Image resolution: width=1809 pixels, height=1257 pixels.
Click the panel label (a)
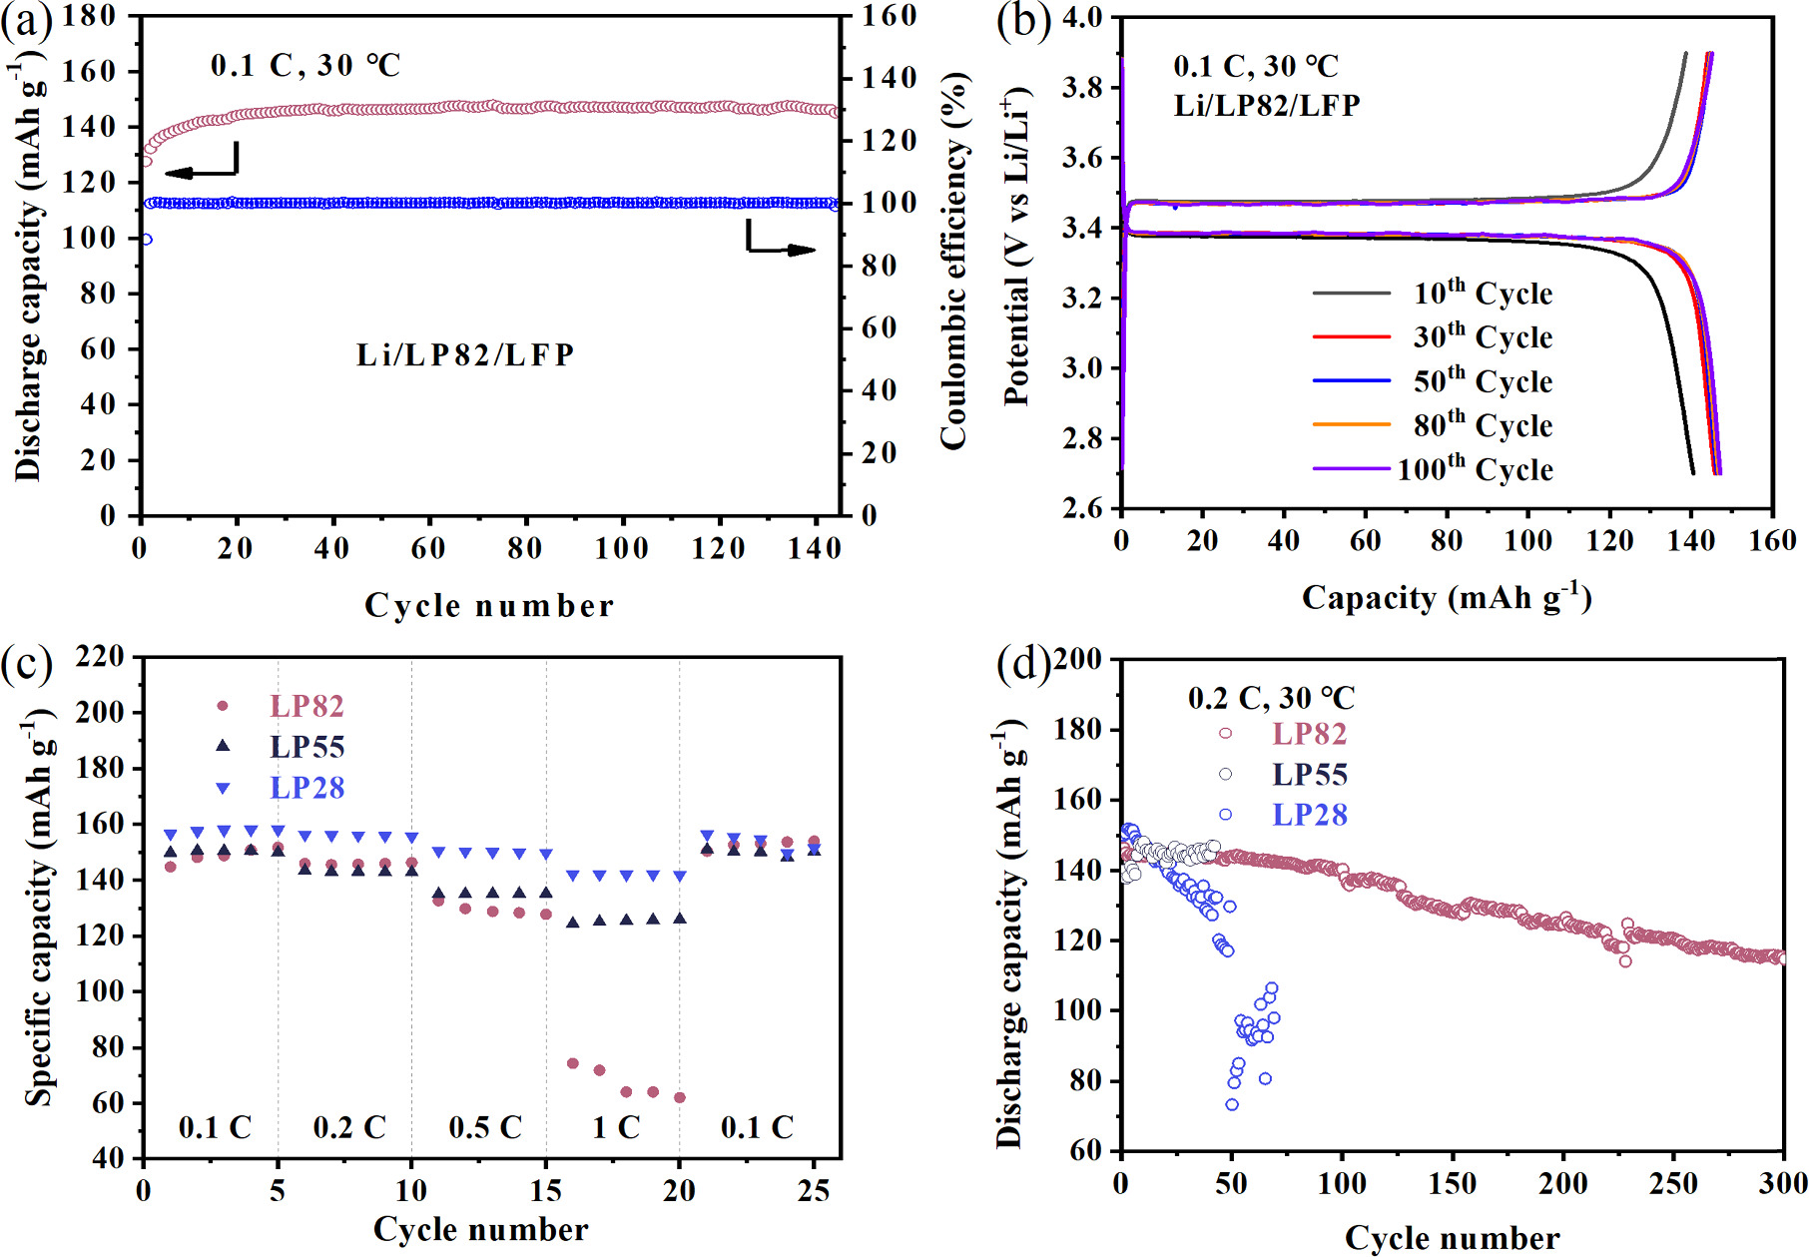click(26, 21)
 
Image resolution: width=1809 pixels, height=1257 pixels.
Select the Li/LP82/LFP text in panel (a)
click(465, 354)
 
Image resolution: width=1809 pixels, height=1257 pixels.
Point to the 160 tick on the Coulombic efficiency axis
click(889, 16)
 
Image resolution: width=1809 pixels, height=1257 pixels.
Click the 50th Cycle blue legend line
click(1351, 380)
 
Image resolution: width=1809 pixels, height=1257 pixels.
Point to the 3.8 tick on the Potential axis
click(1082, 88)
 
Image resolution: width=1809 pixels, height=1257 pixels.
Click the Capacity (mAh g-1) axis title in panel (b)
click(1446, 597)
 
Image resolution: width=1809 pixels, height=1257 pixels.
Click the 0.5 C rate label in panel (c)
click(485, 1127)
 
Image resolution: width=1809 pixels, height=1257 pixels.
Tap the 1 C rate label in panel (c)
click(616, 1127)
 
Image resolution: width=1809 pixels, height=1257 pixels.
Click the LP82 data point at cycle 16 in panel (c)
click(573, 1063)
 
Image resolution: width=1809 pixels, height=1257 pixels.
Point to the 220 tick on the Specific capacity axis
click(101, 657)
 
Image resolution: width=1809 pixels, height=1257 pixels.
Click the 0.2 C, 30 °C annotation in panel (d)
click(1271, 698)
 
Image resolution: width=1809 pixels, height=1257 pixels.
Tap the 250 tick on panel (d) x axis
click(1673, 1184)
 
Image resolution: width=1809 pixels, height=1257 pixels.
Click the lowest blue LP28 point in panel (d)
click(1232, 1104)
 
